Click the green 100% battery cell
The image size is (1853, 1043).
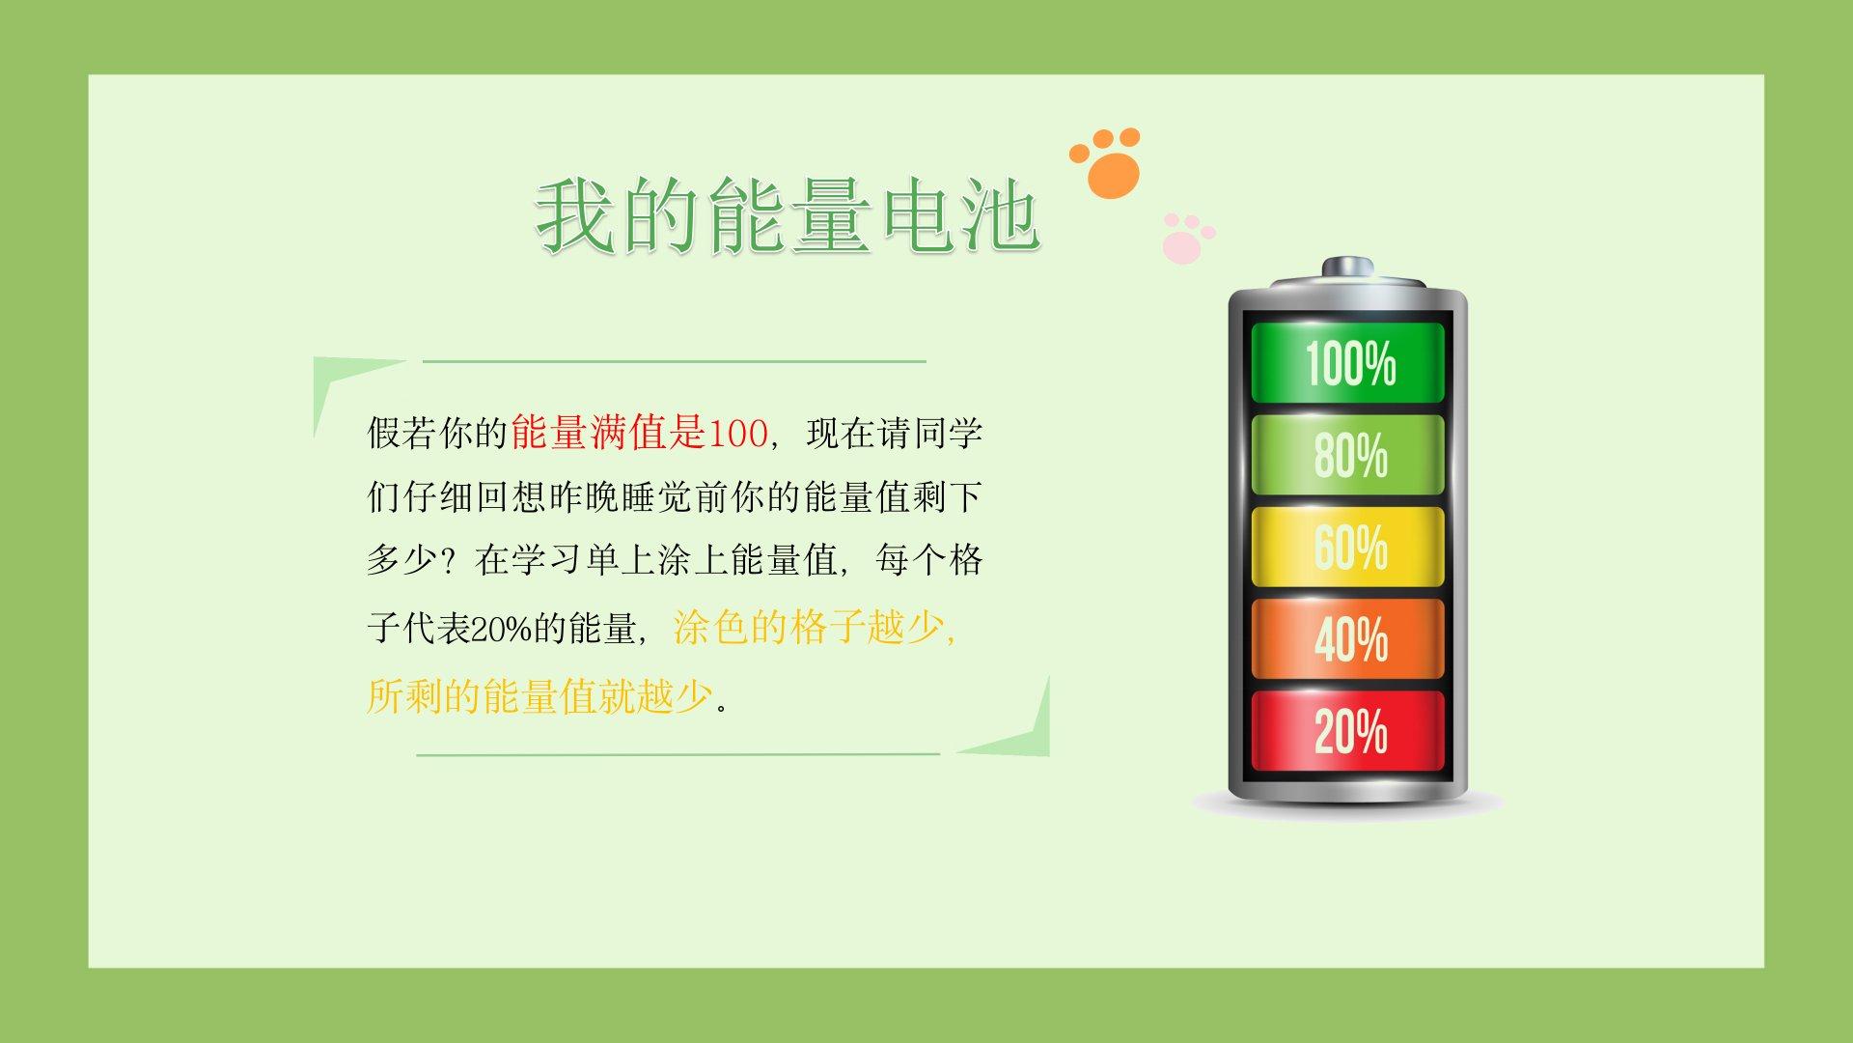tap(1347, 362)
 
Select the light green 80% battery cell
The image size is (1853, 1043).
tap(1347, 455)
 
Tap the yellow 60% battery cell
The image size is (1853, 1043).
tap(1347, 547)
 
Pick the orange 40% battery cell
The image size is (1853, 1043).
tap(1347, 638)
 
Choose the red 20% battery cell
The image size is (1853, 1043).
tap(1347, 730)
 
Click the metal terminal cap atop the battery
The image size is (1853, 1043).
tap(1347, 268)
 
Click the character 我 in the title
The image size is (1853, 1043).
tap(576, 215)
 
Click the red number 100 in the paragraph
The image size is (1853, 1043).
tap(737, 434)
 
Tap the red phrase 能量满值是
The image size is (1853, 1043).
tap(609, 433)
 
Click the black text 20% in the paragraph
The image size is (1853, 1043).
tap(502, 630)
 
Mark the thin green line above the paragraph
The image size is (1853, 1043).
tap(674, 361)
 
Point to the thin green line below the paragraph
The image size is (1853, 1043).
tap(678, 754)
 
